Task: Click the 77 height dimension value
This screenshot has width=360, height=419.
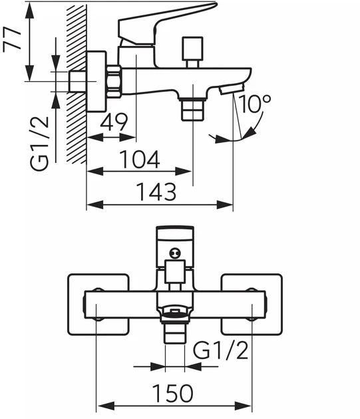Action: click(12, 39)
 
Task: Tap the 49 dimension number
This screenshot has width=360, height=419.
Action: click(113, 122)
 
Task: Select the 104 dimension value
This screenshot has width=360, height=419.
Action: click(139, 159)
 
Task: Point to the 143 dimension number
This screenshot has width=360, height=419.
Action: click(156, 192)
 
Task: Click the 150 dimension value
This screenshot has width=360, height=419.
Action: click(172, 393)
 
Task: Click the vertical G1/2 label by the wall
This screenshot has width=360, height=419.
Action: click(40, 144)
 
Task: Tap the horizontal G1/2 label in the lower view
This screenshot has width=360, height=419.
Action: click(220, 350)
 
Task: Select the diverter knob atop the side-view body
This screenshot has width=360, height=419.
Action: click(192, 52)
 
